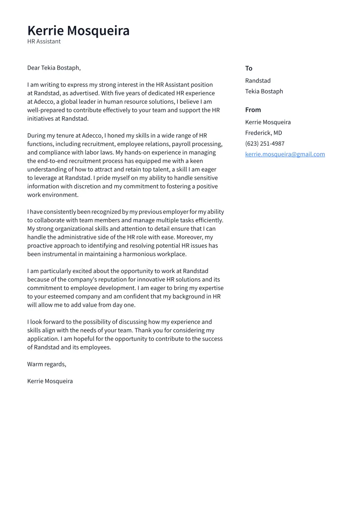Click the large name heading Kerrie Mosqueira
tap(78, 31)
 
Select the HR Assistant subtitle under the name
tap(44, 41)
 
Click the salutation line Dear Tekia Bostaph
tap(54, 68)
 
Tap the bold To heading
tap(248, 68)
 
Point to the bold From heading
tap(253, 110)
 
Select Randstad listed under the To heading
tap(258, 81)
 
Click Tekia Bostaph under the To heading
tap(264, 91)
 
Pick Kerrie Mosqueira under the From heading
tap(268, 122)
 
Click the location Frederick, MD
tap(263, 133)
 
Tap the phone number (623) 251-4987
tap(264, 143)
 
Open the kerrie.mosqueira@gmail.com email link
tap(285, 154)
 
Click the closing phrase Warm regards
tap(46, 364)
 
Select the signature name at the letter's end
tap(50, 381)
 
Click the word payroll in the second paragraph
tap(182, 144)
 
